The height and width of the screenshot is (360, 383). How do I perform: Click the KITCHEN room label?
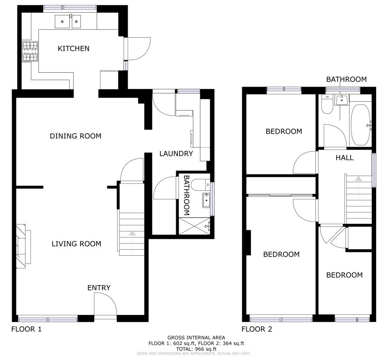[x=74, y=48]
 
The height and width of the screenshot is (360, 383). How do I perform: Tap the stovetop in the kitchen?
[x=30, y=51]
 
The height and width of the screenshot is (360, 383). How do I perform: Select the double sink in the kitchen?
[x=68, y=22]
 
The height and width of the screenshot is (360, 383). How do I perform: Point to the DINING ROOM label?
[x=75, y=136]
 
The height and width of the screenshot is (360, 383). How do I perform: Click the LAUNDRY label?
[x=176, y=154]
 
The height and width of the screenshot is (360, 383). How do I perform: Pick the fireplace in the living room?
[x=23, y=246]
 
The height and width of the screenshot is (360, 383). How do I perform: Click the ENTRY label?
[x=99, y=288]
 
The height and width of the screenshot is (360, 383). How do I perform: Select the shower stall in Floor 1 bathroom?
[x=194, y=226]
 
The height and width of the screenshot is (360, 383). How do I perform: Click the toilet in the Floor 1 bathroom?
[x=200, y=185]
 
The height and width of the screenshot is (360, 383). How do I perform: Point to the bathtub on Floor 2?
[x=360, y=125]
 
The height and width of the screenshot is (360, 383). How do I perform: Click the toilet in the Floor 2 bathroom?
[x=327, y=104]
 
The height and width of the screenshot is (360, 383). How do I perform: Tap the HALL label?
[x=344, y=158]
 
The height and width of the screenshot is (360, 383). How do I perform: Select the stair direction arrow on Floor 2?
[x=358, y=179]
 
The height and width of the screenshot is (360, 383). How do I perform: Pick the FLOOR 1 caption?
[x=26, y=329]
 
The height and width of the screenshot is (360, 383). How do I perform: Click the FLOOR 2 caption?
[x=257, y=329]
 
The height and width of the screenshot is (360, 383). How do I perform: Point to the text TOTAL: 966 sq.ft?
[x=196, y=349]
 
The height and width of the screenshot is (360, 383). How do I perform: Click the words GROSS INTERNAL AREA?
[x=196, y=338]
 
